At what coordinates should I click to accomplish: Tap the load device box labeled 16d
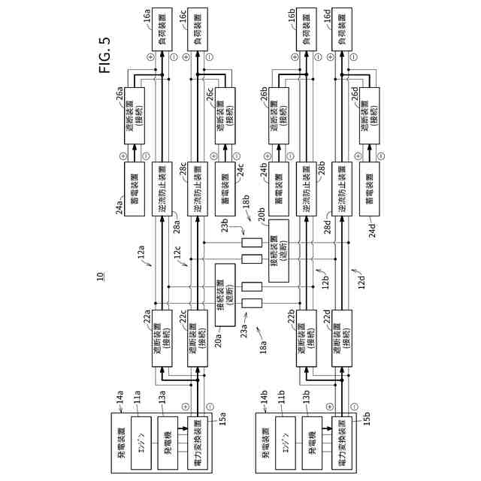pyautogui.click(x=345, y=35)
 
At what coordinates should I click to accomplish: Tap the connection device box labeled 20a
pyautogui.click(x=228, y=296)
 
